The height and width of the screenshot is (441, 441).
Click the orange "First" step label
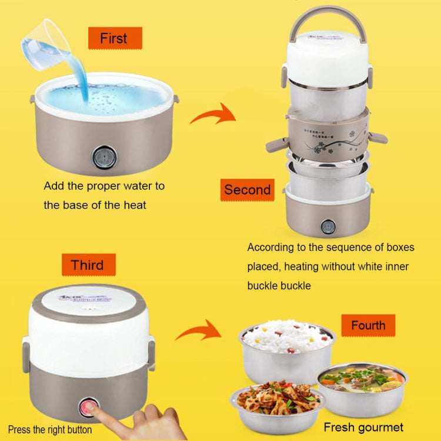[x=115, y=39]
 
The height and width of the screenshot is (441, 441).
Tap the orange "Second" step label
[x=247, y=190]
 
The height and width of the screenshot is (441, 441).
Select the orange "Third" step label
[x=88, y=265]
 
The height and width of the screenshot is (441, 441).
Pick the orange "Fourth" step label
[x=368, y=325]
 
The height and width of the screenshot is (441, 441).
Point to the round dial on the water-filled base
[x=104, y=157]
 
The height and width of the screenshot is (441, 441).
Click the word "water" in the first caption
[x=138, y=186]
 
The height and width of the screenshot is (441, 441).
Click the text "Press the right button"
[x=50, y=430]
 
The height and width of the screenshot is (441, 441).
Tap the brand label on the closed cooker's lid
[x=86, y=299]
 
